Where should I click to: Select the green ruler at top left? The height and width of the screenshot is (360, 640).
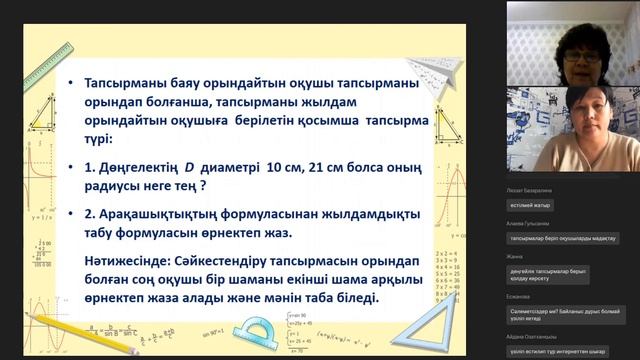click(x=45, y=66)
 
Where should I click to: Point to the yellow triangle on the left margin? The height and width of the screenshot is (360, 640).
click(x=41, y=110)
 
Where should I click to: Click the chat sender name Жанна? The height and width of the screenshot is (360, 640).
click(x=516, y=257)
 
